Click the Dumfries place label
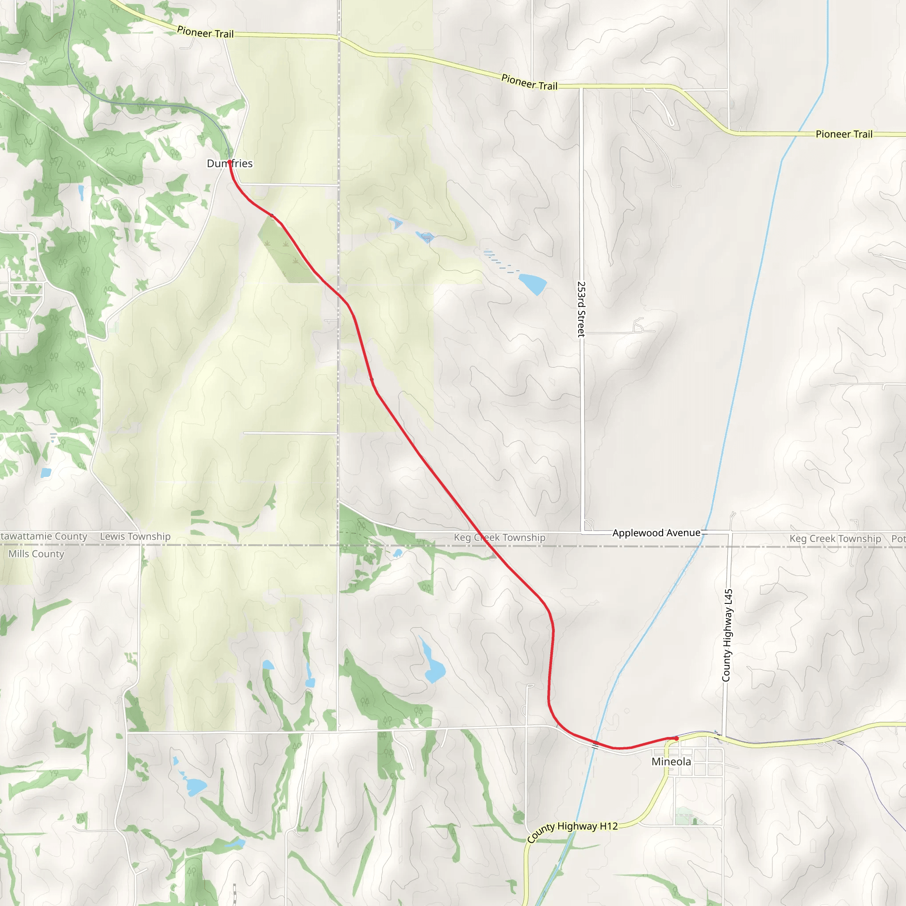click(230, 164)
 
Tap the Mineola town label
click(671, 762)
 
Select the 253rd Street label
click(581, 309)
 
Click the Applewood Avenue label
click(656, 533)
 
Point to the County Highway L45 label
click(726, 635)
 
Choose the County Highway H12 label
click(572, 832)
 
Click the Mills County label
click(36, 554)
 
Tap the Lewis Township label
click(135, 537)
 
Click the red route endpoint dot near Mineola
click(676, 739)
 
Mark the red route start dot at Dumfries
click(229, 162)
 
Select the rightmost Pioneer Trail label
click(844, 134)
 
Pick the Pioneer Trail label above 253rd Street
click(530, 83)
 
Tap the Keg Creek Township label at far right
click(835, 538)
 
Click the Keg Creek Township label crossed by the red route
click(499, 537)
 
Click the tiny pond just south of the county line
click(398, 553)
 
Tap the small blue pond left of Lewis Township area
click(46, 473)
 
